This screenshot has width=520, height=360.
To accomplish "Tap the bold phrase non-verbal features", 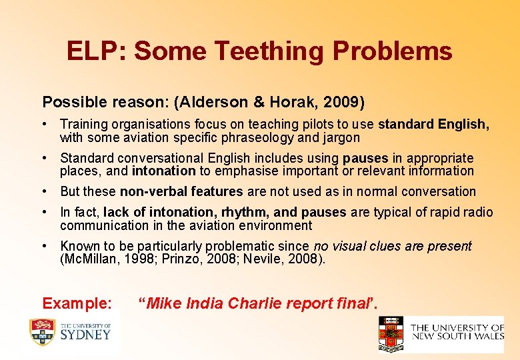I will (x=181, y=192).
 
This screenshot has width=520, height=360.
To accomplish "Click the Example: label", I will (x=77, y=304).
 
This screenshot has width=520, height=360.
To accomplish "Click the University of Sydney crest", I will (x=41, y=332).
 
